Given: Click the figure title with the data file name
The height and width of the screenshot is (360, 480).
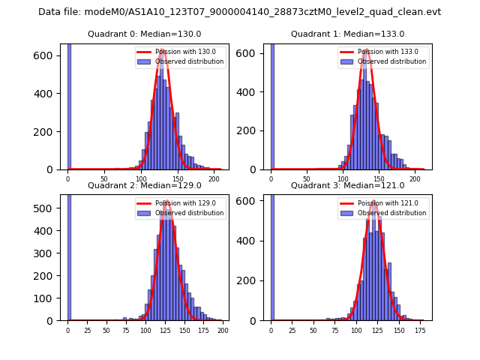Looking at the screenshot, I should tap(239, 12).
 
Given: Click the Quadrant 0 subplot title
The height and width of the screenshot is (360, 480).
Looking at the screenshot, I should tap(144, 34).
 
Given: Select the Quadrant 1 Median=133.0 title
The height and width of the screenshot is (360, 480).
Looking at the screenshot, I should tap(347, 34).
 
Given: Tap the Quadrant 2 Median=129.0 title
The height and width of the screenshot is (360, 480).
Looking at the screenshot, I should tap(144, 185).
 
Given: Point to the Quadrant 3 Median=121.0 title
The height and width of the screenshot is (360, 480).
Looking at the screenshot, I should tap(347, 185).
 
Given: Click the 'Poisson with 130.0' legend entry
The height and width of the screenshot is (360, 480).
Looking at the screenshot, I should tap(184, 52).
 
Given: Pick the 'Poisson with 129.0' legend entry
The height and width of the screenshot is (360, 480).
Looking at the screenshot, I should tap(184, 203).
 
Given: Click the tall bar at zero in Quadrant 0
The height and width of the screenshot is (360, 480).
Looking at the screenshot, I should tap(68, 105).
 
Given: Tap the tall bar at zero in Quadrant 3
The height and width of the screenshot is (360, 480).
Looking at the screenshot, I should tap(271, 255).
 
